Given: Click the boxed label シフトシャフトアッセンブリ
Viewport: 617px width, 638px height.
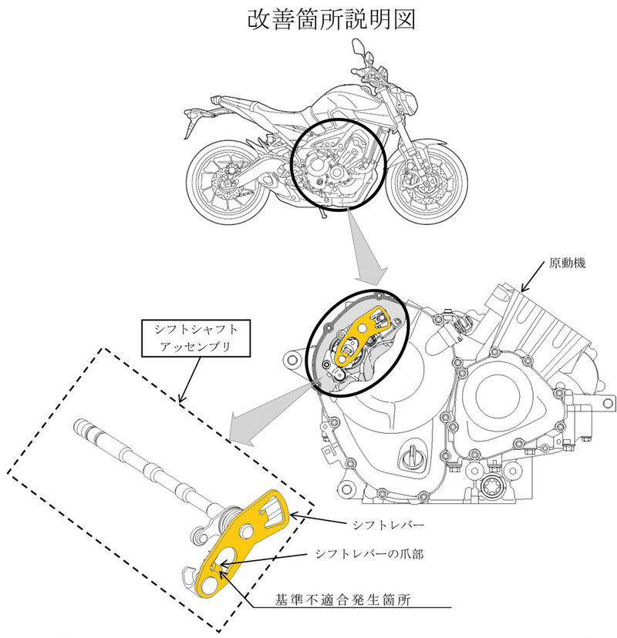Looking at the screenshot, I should pyautogui.click(x=191, y=337).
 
